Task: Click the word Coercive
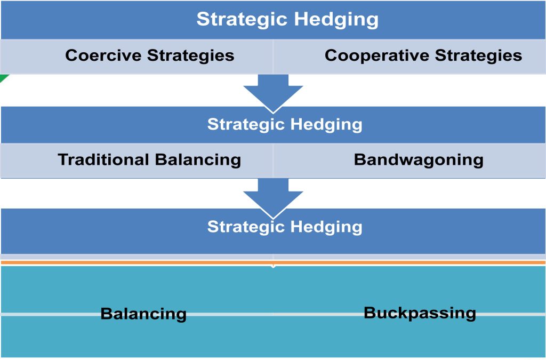click(x=103, y=55)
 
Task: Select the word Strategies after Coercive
click(x=190, y=56)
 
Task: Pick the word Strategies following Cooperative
click(x=478, y=56)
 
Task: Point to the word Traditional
click(x=103, y=160)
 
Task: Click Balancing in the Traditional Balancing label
click(x=198, y=161)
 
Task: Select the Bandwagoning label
click(x=419, y=161)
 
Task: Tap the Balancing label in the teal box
click(x=143, y=314)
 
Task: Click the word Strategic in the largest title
click(x=243, y=20)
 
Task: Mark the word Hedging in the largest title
click(x=336, y=20)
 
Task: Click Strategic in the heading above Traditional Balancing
click(x=246, y=125)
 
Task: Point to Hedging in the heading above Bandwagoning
click(x=326, y=125)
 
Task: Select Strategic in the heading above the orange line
click(x=246, y=227)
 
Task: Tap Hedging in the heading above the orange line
click(x=326, y=227)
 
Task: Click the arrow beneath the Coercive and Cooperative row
click(x=273, y=94)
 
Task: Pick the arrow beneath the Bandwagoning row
click(x=273, y=198)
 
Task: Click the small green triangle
click(x=3, y=78)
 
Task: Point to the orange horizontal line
click(x=273, y=262)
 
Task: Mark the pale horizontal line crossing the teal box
click(x=273, y=314)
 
